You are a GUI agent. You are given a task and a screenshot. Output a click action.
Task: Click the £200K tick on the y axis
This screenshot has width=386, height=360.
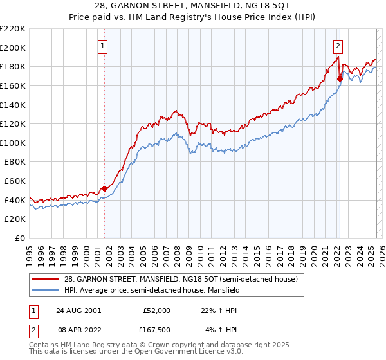pyautogui.click(x=14, y=48)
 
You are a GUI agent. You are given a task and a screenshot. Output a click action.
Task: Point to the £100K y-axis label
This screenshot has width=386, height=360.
pyautogui.click(x=14, y=143)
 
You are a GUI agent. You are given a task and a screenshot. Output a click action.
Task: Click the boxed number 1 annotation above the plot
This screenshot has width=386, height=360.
pyautogui.click(x=104, y=45)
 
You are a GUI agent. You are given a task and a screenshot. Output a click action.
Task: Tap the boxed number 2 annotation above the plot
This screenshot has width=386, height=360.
pyautogui.click(x=338, y=45)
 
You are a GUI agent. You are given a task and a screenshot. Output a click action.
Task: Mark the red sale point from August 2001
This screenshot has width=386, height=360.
pyautogui.click(x=104, y=188)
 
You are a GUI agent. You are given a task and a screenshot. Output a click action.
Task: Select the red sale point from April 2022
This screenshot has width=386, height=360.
pyautogui.click(x=340, y=78)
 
